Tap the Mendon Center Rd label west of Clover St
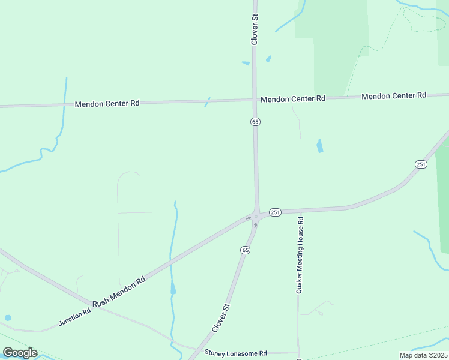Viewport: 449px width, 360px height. point(107,103)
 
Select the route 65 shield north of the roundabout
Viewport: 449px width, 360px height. point(255,122)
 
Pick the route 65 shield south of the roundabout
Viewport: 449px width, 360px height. point(245,250)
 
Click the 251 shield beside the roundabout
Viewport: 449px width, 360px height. point(275,212)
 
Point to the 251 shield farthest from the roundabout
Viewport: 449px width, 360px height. point(420,164)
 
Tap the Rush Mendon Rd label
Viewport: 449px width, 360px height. point(119,289)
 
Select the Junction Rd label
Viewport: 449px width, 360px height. point(74,317)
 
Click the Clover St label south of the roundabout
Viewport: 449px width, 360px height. point(221,318)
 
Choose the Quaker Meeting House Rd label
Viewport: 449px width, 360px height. point(301,255)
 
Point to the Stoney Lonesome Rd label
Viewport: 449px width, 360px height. point(235,353)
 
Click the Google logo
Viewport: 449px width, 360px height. point(20,353)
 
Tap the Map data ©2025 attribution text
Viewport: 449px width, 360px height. point(423,355)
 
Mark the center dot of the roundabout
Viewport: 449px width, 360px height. point(256,217)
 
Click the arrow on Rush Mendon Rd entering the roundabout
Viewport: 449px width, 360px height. point(249,218)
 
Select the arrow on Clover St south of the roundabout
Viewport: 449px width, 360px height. point(256,225)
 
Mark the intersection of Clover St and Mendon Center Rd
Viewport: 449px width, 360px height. point(255,100)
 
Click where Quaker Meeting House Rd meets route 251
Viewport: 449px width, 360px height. point(298,211)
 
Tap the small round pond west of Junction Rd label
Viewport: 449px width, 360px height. point(8,318)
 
